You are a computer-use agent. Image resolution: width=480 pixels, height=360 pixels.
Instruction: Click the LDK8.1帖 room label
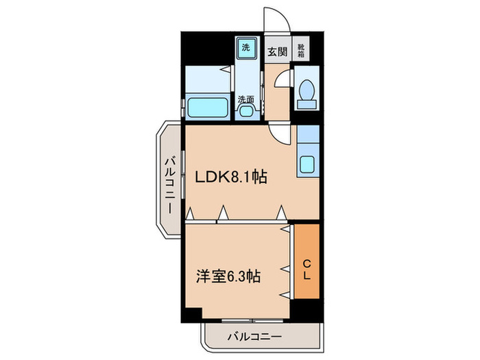[230, 176]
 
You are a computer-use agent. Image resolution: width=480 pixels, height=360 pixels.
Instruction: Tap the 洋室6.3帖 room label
[227, 276]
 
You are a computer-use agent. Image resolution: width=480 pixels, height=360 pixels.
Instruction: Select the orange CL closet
[307, 261]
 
